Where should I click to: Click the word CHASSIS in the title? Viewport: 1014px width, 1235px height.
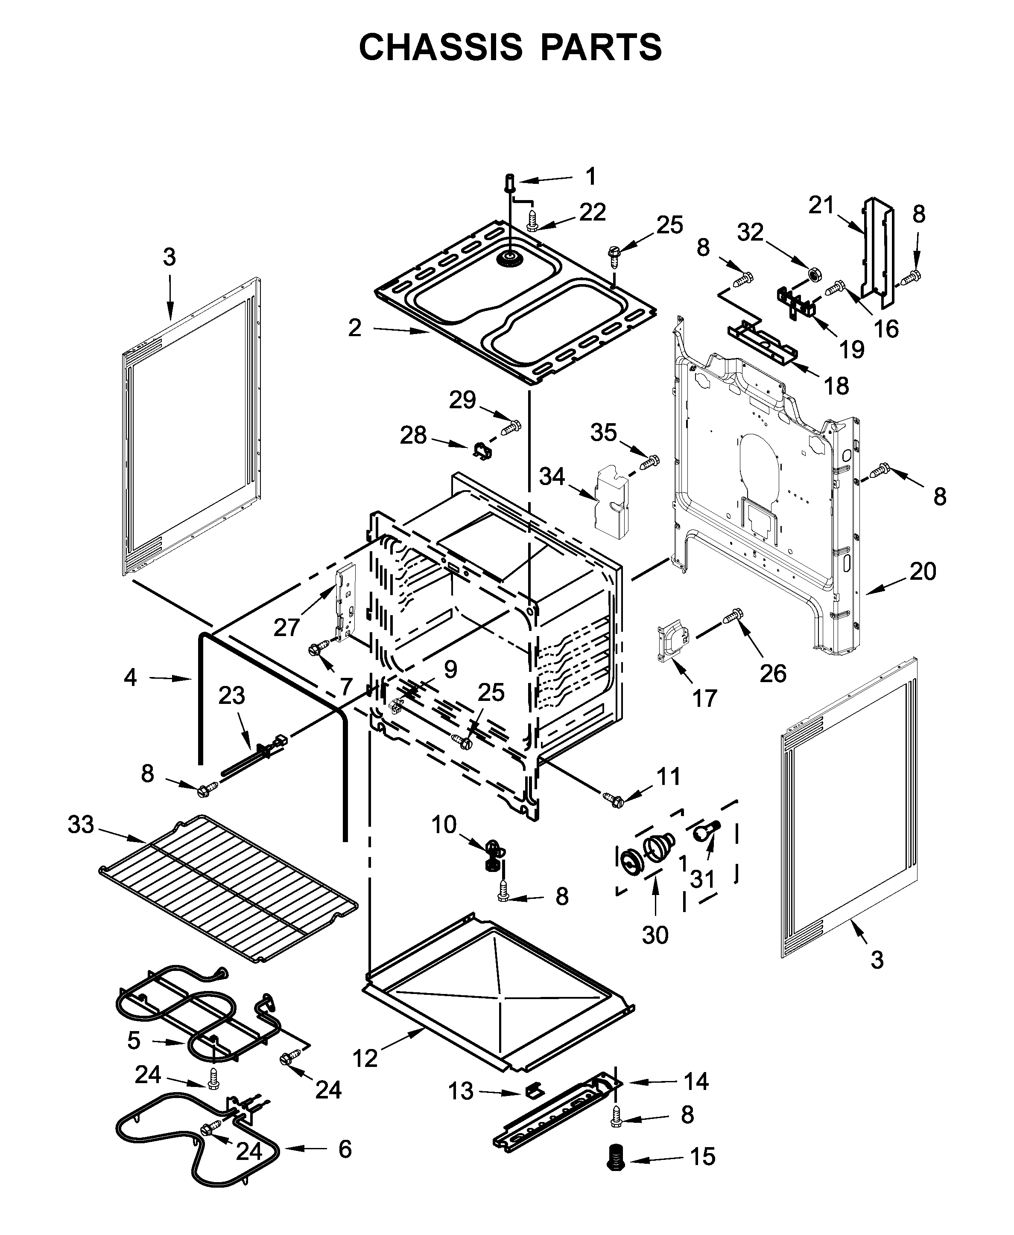[440, 47]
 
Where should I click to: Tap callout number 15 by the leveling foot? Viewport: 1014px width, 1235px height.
[703, 1156]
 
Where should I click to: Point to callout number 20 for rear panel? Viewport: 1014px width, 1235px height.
[923, 571]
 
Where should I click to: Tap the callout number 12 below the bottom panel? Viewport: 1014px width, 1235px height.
[365, 1058]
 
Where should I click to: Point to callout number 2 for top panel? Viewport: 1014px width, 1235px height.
[354, 328]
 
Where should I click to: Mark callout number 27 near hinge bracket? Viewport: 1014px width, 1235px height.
[286, 628]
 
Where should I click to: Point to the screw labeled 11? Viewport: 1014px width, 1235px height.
[612, 797]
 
